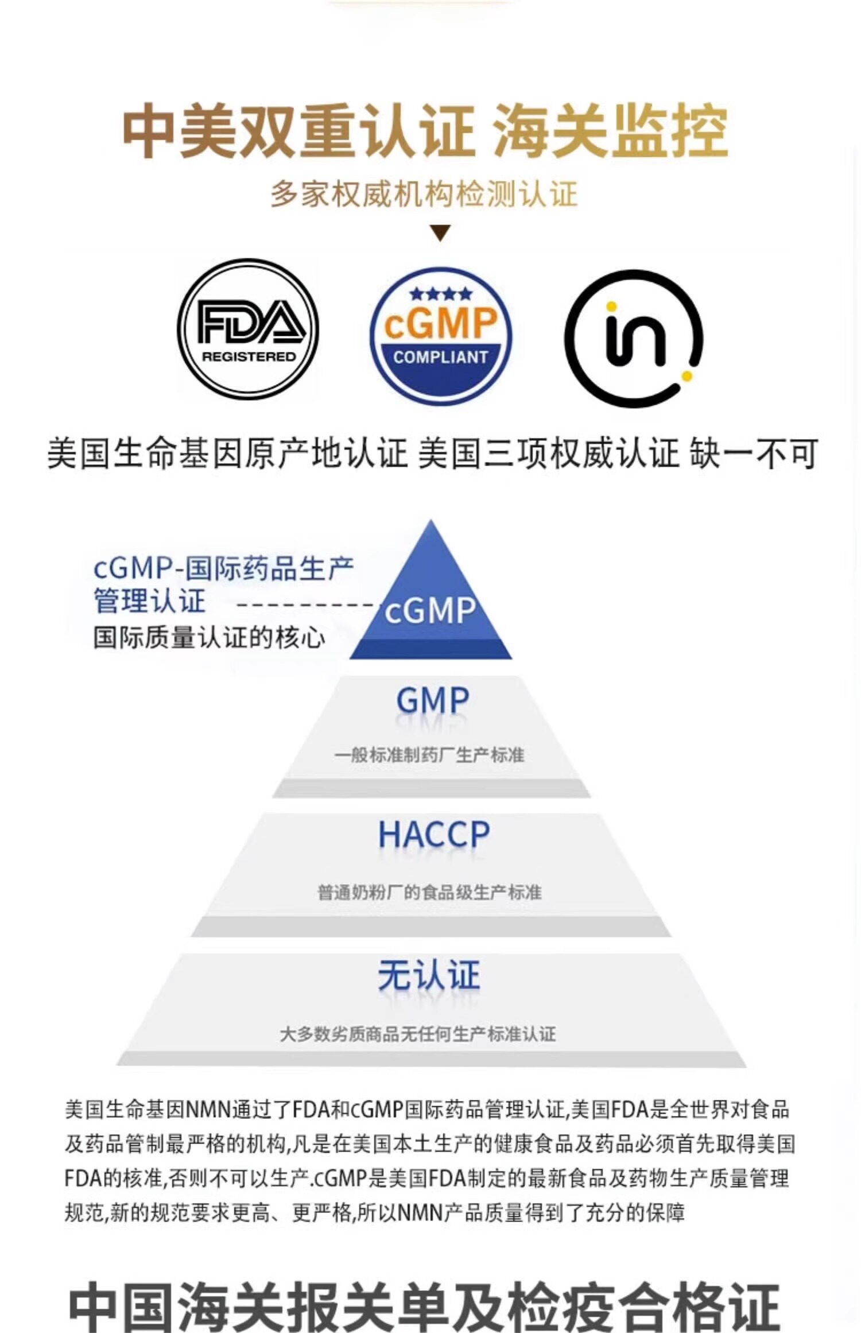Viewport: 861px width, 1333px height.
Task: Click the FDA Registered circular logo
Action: pyautogui.click(x=248, y=329)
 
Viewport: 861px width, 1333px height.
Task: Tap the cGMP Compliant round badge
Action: pyautogui.click(x=440, y=336)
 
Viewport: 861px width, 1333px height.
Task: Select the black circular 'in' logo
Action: pyautogui.click(x=634, y=339)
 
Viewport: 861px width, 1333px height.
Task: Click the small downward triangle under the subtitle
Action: pyautogui.click(x=440, y=233)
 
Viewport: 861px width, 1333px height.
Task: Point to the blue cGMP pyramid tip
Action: pyautogui.click(x=430, y=597)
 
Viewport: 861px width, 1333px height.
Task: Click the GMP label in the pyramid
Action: pyautogui.click(x=432, y=700)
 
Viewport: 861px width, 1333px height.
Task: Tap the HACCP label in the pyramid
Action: pyautogui.click(x=433, y=834)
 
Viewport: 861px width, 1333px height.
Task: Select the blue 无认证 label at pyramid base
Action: pyautogui.click(x=429, y=975)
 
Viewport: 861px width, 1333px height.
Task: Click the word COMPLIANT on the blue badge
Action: pyautogui.click(x=440, y=357)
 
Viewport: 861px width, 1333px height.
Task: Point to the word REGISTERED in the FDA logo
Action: pyautogui.click(x=248, y=356)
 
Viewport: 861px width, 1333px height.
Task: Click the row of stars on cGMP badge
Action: pyautogui.click(x=440, y=294)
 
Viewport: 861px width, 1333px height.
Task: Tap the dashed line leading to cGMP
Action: pyautogui.click(x=307, y=604)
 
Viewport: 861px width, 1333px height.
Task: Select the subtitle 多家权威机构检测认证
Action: pyautogui.click(x=424, y=194)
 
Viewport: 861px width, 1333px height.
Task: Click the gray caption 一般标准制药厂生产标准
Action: pyautogui.click(x=429, y=754)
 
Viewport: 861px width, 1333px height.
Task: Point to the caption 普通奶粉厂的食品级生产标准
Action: pyautogui.click(x=429, y=892)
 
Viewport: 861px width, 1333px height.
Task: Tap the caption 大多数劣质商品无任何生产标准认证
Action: pyautogui.click(x=418, y=1034)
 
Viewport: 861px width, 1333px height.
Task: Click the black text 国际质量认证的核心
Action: pyautogui.click(x=209, y=638)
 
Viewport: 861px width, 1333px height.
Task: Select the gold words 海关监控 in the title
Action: pyautogui.click(x=611, y=131)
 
